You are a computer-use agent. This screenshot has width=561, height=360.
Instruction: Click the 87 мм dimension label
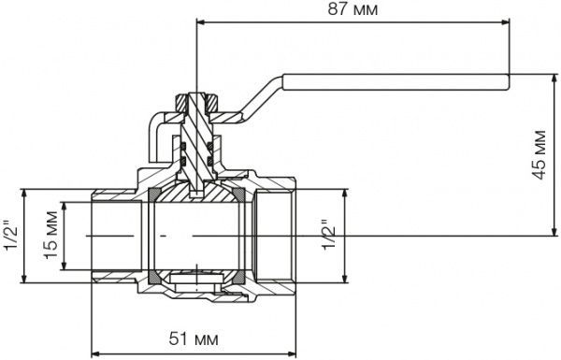point(352,9)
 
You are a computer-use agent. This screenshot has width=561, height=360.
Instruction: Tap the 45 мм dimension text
point(539,155)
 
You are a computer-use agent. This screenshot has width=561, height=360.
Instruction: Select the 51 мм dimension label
point(194,338)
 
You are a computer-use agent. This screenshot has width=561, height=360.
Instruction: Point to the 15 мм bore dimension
point(50,236)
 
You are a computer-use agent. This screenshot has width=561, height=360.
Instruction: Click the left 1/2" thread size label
point(10,236)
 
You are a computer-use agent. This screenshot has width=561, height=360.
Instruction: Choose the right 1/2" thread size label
point(329,235)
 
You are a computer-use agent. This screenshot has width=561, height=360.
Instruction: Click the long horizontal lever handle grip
point(396,82)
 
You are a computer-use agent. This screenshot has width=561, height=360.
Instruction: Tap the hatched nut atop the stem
point(196,102)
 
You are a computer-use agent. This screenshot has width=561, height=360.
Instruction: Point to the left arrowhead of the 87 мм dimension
point(201,22)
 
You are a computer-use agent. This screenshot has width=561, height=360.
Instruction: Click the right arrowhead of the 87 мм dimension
point(505,22)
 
